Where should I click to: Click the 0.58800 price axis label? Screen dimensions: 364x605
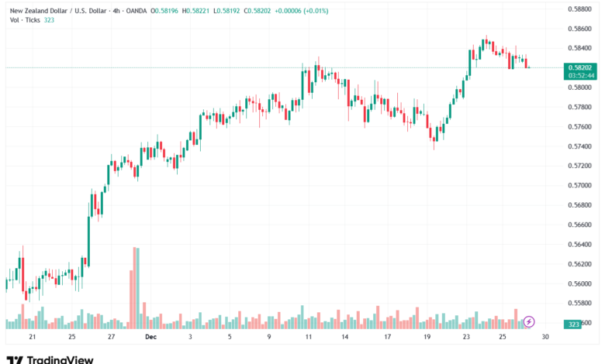580,9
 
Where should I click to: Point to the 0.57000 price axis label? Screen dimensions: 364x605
580,185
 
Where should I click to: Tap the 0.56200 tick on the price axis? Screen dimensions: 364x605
580,263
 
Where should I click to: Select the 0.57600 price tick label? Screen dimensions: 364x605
580,126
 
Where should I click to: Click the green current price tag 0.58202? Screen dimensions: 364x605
580,67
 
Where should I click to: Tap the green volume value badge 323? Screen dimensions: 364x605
575,325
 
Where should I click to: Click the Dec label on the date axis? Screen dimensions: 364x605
150,337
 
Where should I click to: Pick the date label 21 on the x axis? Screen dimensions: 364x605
32,337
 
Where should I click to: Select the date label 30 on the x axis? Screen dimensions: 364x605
545,337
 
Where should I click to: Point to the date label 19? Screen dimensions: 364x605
427,337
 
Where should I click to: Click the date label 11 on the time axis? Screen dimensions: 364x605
309,337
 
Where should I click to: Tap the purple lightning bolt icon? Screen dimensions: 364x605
530,321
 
